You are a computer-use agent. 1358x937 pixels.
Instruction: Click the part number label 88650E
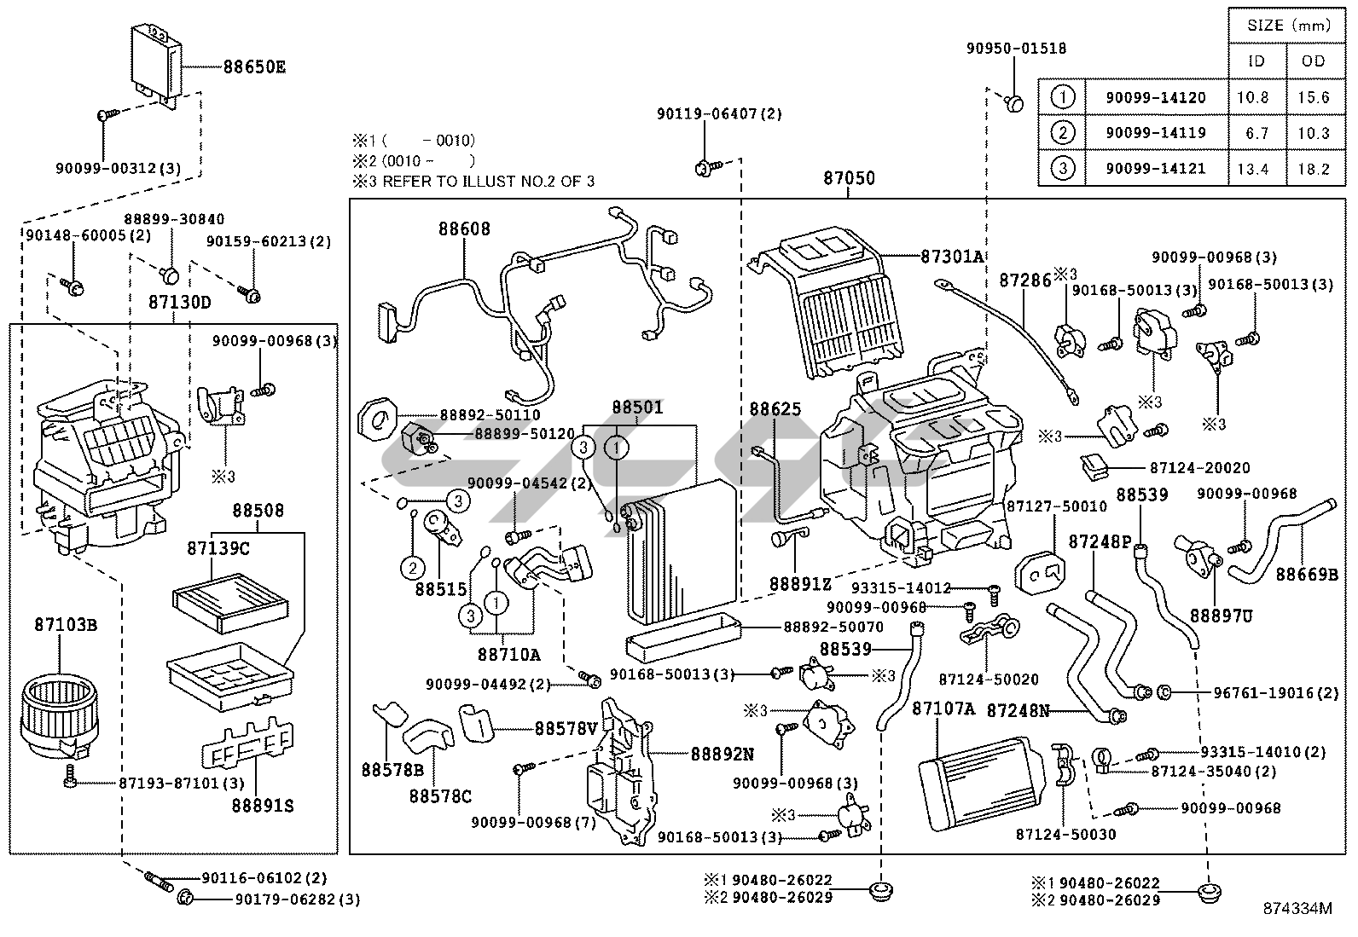click(x=254, y=67)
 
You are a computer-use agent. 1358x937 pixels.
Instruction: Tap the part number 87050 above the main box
click(x=849, y=179)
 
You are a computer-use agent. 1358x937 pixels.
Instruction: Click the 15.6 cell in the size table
click(x=1314, y=97)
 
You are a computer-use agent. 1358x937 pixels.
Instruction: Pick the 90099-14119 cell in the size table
click(x=1156, y=133)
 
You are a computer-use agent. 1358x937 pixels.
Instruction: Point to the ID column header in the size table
click(x=1256, y=61)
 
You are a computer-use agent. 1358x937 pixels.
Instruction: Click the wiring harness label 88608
click(x=465, y=228)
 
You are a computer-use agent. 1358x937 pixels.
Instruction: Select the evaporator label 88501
click(x=637, y=408)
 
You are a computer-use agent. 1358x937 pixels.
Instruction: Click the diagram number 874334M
click(x=1297, y=909)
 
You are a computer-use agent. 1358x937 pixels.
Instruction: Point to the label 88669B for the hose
click(x=1307, y=574)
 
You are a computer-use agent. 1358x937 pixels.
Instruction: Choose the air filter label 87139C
click(x=218, y=548)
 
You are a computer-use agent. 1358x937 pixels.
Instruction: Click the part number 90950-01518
click(x=1016, y=49)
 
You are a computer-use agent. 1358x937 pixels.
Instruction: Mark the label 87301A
click(x=951, y=256)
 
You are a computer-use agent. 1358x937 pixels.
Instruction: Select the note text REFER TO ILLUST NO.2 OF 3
click(x=488, y=181)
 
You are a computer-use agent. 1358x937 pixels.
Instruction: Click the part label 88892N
click(x=722, y=754)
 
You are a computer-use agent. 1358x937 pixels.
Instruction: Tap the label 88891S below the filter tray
click(x=263, y=804)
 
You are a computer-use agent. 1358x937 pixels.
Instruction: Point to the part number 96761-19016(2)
click(x=1275, y=692)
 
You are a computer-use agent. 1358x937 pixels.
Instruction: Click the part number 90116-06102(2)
click(x=264, y=877)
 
